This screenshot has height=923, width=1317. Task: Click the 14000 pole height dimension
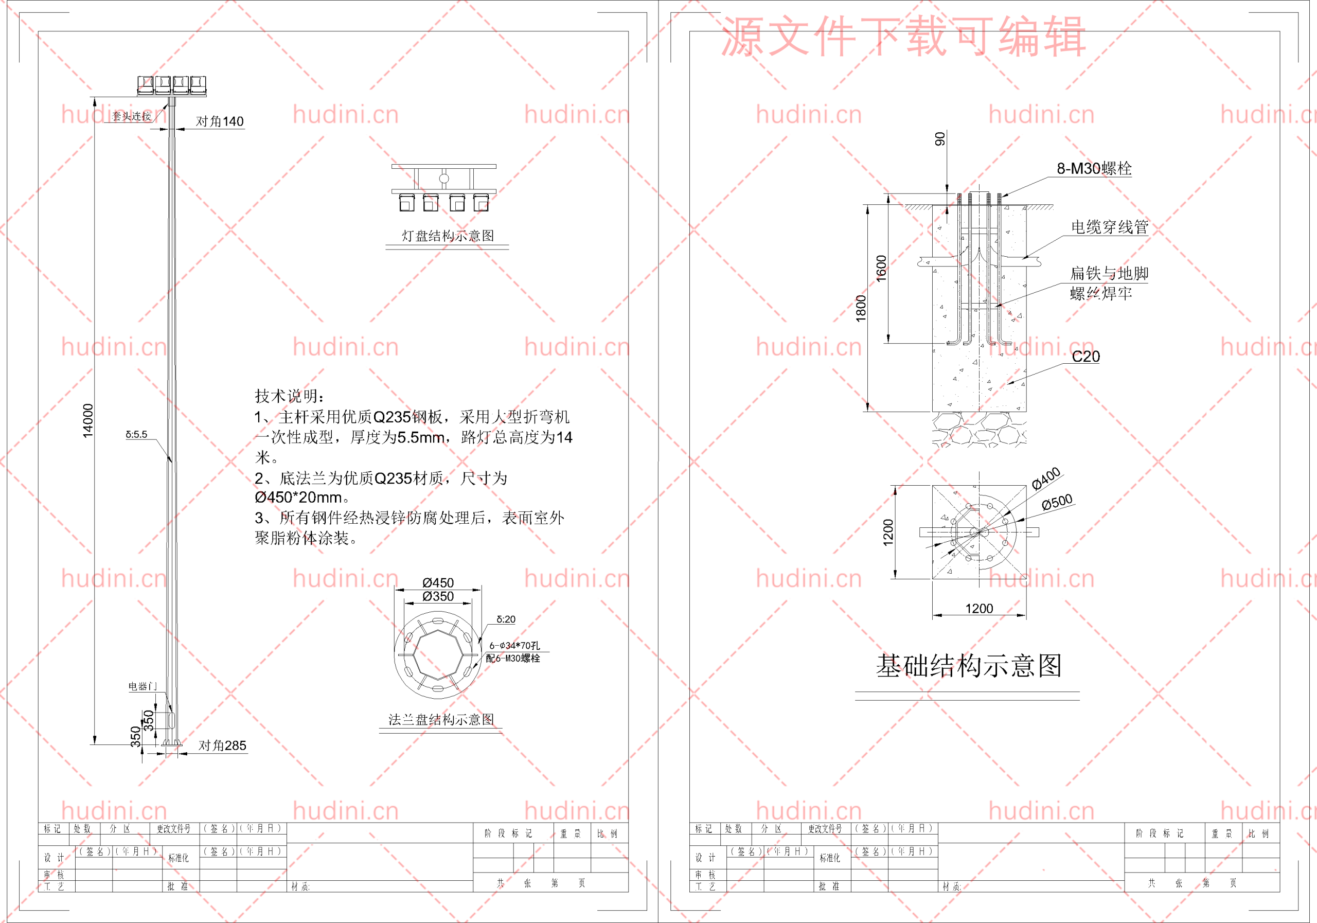(88, 420)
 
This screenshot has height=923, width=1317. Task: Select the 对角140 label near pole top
(220, 121)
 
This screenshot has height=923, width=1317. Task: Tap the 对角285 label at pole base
(223, 745)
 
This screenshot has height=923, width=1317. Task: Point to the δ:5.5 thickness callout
(136, 435)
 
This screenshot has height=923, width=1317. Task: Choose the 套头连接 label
(132, 116)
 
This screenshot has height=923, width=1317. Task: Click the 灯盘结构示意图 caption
(448, 236)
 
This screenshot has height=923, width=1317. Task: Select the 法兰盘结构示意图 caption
(441, 719)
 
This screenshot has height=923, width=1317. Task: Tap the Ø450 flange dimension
(438, 583)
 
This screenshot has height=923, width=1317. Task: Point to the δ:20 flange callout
(506, 619)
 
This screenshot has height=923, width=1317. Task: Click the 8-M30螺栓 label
(1094, 169)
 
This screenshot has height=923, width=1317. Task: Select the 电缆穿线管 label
(1109, 227)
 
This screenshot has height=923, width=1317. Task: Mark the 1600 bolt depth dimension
(882, 269)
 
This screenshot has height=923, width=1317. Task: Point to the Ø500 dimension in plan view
(1057, 503)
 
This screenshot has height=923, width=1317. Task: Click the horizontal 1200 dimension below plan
(979, 609)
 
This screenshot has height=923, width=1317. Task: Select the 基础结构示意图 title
(968, 666)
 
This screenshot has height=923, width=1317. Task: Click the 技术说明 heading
(290, 396)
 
